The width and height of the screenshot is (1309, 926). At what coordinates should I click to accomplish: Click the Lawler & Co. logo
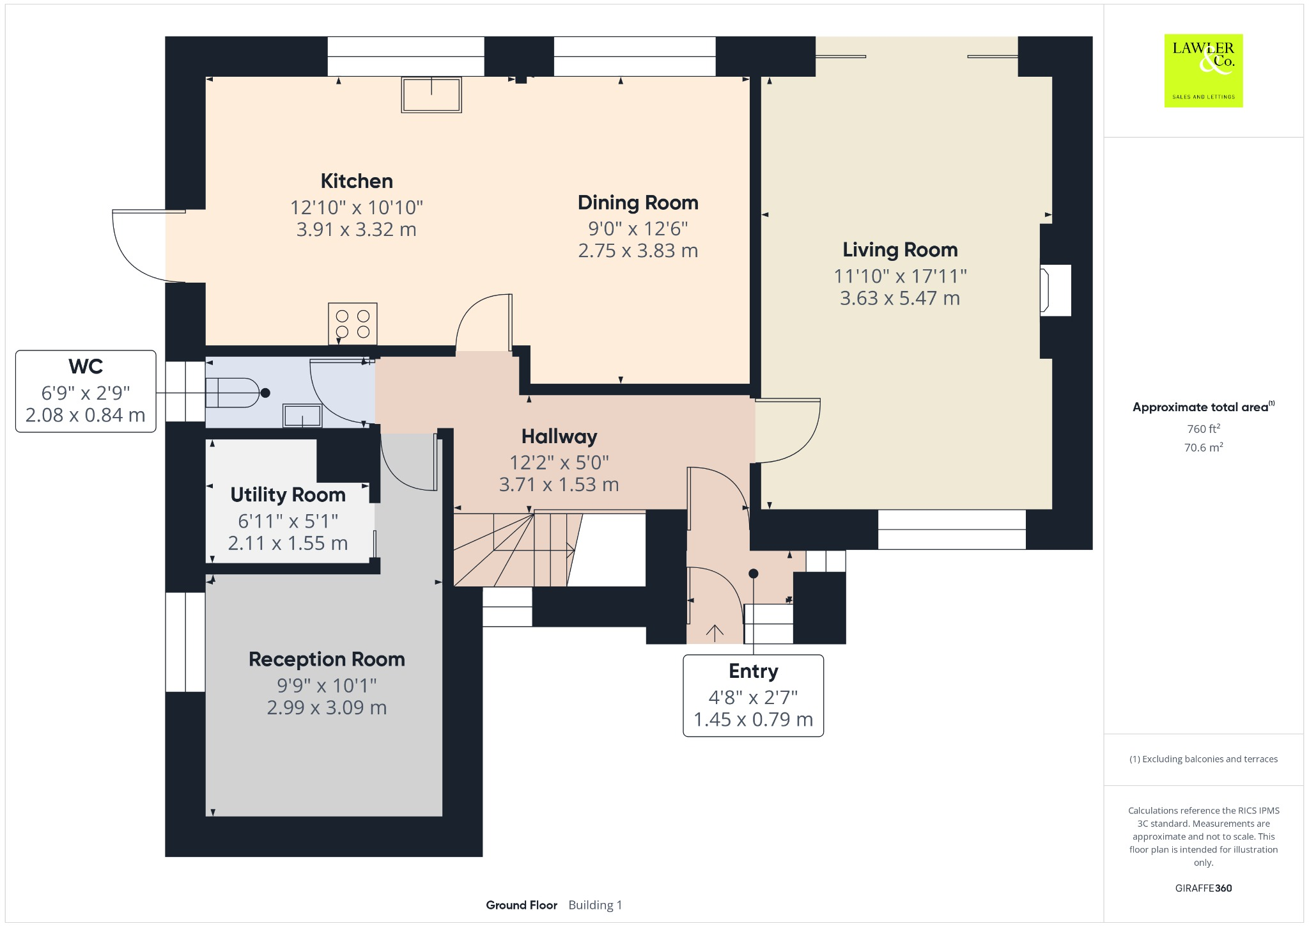pos(1204,70)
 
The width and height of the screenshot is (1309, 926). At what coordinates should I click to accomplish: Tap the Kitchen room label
pos(357,181)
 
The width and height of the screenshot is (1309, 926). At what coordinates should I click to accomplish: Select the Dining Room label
pos(638,203)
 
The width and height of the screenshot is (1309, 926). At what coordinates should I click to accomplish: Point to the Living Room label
pos(900,249)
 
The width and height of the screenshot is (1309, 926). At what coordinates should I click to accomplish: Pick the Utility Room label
pos(288,495)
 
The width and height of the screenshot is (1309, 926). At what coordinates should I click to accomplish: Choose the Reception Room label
pos(327,659)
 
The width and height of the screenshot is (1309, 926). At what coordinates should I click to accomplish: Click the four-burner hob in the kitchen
pos(353,324)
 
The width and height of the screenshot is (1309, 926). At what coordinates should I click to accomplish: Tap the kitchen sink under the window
pos(431,95)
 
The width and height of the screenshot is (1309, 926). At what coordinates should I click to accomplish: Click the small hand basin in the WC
pos(302,416)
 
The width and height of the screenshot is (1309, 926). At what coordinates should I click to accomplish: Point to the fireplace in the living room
pos(1055,291)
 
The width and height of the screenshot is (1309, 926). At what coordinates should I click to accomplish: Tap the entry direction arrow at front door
pos(715,632)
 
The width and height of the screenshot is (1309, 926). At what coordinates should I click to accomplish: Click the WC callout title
pos(86,366)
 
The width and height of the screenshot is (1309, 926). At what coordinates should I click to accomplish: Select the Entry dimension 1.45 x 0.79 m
pos(754,719)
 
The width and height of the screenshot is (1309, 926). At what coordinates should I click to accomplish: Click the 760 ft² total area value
pos(1204,428)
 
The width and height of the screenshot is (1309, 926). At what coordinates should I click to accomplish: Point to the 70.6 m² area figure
pos(1204,447)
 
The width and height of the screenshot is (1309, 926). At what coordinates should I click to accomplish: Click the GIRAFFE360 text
pos(1204,888)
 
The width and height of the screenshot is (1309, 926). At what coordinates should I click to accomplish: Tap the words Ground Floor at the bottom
pos(522,905)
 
